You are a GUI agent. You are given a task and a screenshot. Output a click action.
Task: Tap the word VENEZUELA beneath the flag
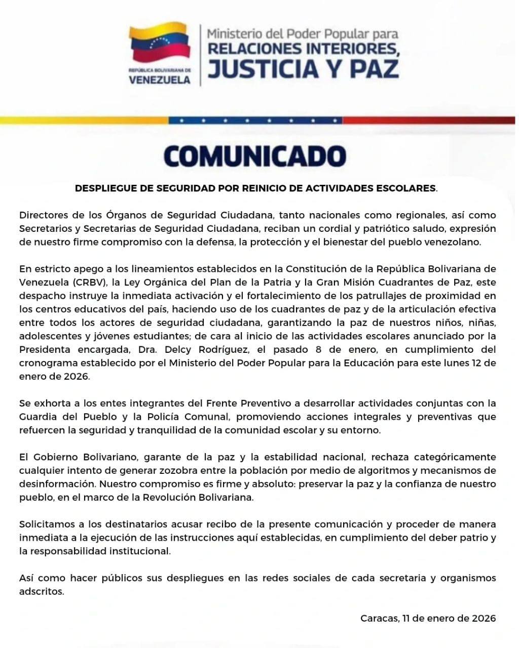click(x=160, y=79)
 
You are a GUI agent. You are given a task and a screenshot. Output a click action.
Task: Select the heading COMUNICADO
click(x=255, y=156)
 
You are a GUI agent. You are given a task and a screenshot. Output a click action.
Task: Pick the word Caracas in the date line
click(x=379, y=618)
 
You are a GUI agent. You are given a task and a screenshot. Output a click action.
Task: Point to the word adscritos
click(x=42, y=591)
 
